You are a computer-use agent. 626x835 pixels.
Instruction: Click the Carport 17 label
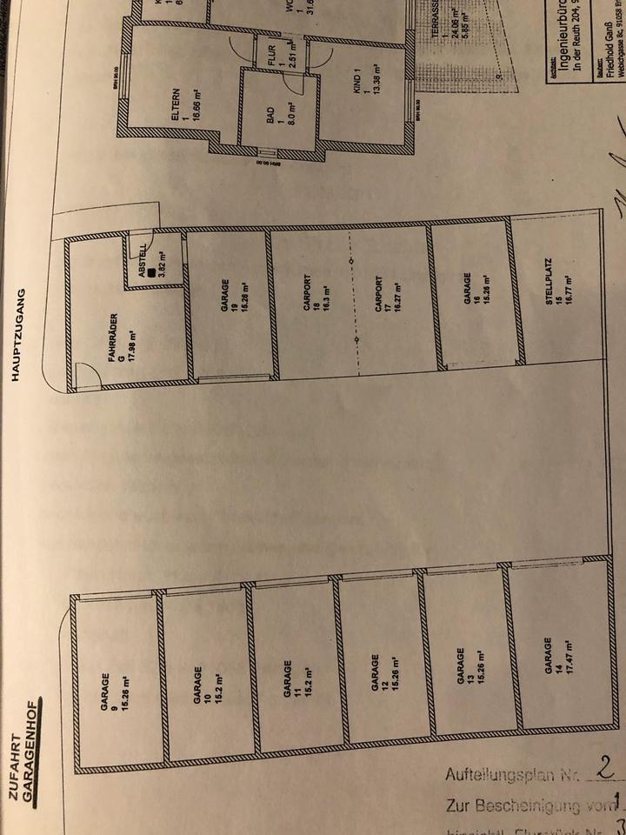389,298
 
